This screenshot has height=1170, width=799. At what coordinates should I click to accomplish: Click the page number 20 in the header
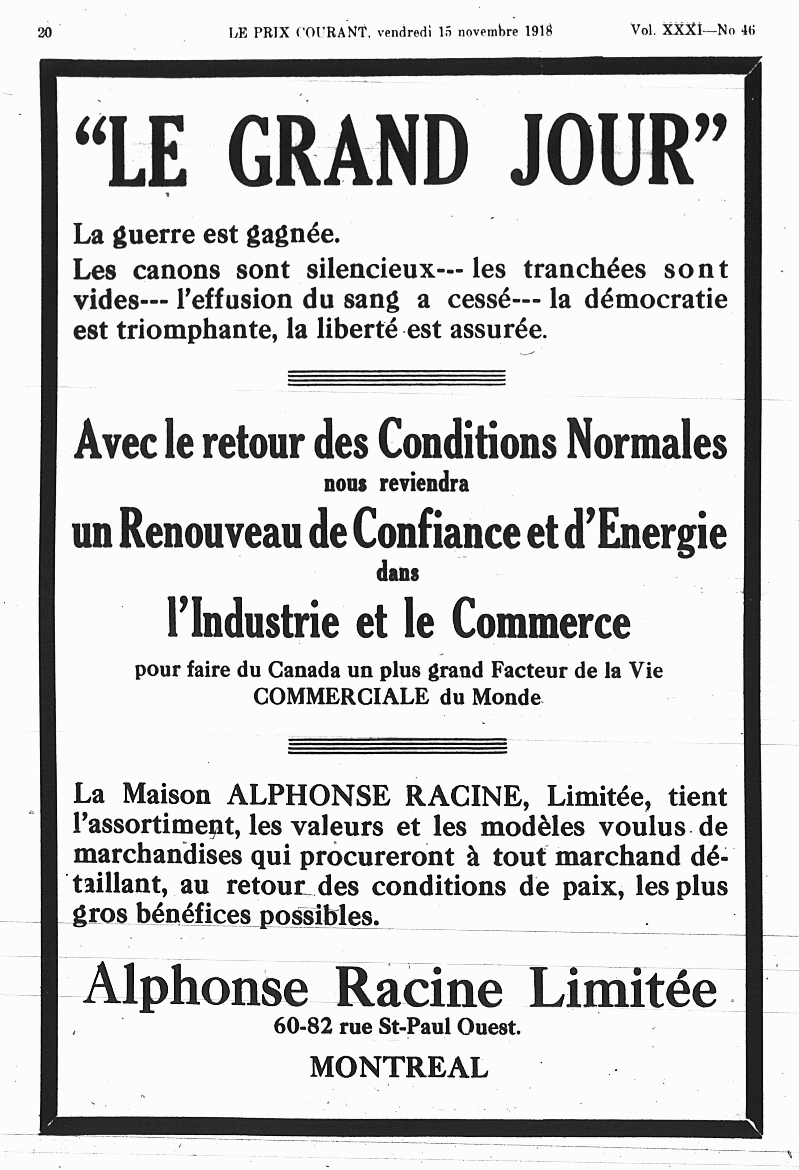(x=44, y=32)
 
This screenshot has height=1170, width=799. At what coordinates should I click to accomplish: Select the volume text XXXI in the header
(x=681, y=30)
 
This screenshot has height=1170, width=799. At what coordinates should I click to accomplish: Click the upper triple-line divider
(x=396, y=378)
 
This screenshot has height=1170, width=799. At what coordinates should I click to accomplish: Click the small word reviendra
(x=424, y=484)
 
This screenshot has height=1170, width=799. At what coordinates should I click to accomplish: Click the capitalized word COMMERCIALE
(x=341, y=697)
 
